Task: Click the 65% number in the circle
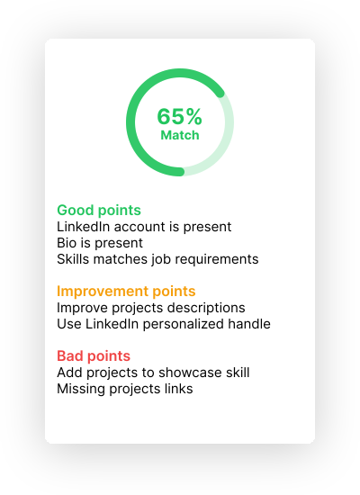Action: point(179,116)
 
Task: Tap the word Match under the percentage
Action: point(180,135)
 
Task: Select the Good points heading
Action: point(99,211)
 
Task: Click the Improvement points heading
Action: point(126,292)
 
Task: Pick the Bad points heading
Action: point(94,356)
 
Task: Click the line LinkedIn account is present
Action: point(144,227)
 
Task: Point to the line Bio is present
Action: point(100,243)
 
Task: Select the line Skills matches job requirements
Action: point(157,259)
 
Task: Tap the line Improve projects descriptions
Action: point(151,308)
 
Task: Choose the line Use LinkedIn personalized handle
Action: point(164,324)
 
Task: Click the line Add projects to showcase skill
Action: point(153,373)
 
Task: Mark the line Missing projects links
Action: point(125,389)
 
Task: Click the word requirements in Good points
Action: point(217,260)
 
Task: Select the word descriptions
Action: point(206,308)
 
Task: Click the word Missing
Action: point(81,389)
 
